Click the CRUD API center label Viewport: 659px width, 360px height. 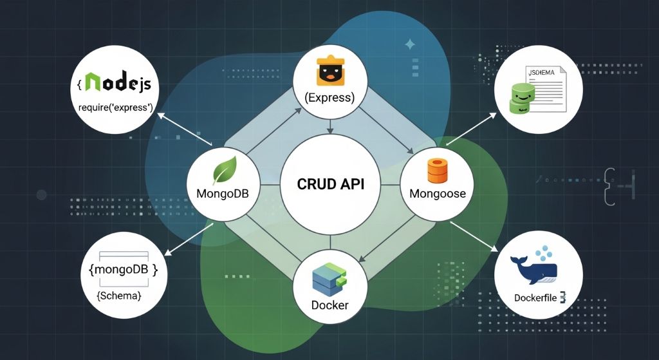click(330, 184)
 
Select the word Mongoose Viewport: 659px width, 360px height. click(437, 193)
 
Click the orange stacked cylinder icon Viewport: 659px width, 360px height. click(437, 171)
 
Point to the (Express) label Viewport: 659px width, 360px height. click(330, 98)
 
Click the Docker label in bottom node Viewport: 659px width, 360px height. click(329, 304)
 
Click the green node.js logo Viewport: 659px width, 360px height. click(118, 84)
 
